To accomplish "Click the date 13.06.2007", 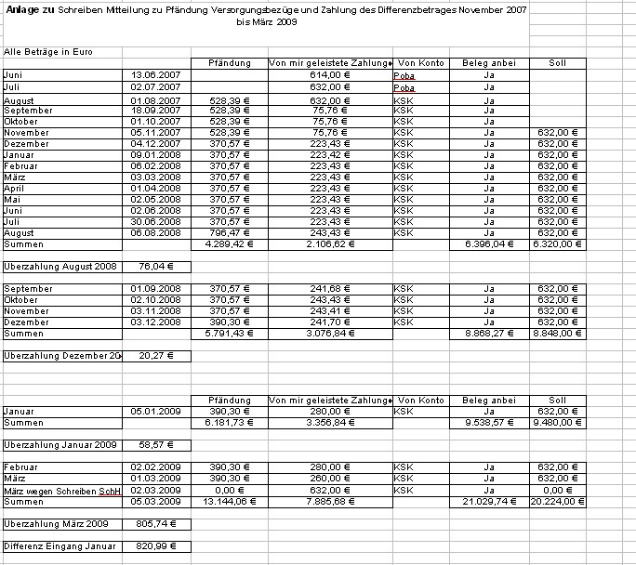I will tap(155, 75).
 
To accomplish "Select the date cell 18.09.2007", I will tap(155, 111).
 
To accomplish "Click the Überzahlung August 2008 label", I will tap(62, 267).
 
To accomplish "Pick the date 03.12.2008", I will tap(155, 322).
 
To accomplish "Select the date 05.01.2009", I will tap(155, 411).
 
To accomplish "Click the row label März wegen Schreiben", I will tap(62, 489).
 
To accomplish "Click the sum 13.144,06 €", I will tap(226, 501).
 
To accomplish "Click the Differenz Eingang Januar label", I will tap(62, 545).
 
